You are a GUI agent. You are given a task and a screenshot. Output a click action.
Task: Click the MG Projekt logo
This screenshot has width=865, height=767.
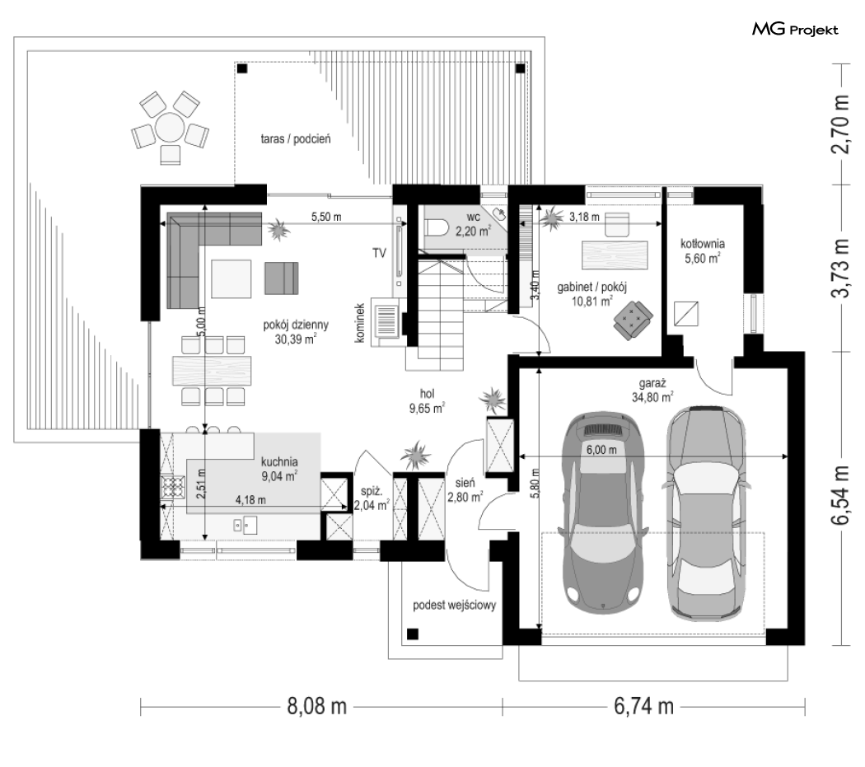pos(795,30)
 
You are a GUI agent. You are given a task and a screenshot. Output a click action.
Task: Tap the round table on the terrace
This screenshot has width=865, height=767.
pos(170,127)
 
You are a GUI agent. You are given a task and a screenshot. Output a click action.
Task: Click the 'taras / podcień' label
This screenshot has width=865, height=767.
pos(296,139)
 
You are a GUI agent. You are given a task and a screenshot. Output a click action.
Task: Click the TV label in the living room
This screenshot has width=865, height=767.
pos(379,253)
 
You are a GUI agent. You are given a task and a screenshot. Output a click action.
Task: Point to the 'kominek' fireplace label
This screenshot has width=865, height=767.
pos(360,323)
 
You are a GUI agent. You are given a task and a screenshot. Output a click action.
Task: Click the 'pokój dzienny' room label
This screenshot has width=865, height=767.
pos(296,325)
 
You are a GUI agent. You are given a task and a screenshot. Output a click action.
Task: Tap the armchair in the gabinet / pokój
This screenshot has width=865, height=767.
pos(633,318)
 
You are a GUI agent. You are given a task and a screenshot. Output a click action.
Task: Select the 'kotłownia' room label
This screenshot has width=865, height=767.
pos(702,243)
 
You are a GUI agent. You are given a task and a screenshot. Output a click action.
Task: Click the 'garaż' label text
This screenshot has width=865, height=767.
pos(652,383)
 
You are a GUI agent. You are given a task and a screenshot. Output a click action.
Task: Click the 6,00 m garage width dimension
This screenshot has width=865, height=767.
pos(601,450)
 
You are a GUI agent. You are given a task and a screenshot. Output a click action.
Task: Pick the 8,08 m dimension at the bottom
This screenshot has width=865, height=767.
pos(316,706)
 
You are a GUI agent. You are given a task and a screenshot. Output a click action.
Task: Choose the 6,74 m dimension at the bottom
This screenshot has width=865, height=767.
pos(643,706)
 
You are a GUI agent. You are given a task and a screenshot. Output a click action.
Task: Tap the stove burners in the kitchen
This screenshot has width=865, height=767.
pos(171,488)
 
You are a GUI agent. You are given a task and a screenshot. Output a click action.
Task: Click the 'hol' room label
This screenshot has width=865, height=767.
pos(427,394)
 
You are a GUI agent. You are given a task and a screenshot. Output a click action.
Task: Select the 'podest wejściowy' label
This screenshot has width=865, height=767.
pos(455,606)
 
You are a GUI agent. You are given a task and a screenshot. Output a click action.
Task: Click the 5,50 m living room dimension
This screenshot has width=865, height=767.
pos(326,217)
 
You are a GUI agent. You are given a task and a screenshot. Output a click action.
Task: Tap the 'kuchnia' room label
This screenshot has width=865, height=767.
pos(280,461)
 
